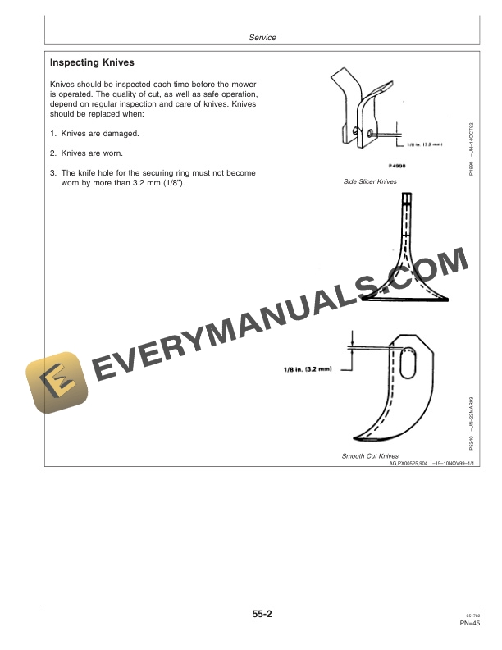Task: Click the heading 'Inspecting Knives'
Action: click(x=93, y=62)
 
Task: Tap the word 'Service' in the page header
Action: click(x=262, y=38)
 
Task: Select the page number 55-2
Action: click(x=262, y=612)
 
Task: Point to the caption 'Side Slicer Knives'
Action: click(x=370, y=181)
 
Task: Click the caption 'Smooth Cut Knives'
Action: click(x=370, y=455)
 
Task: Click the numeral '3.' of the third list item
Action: click(x=53, y=173)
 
